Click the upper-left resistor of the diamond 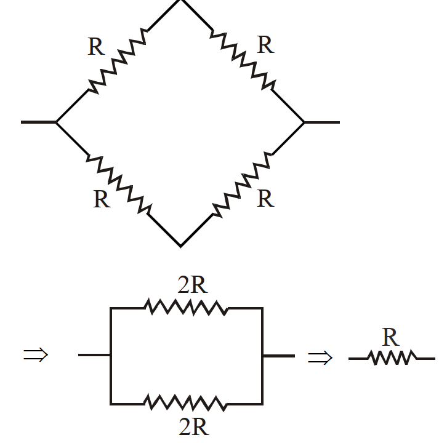point(118,61)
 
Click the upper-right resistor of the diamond point(243,60)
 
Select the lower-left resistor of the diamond point(119,184)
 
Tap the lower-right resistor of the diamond point(242,185)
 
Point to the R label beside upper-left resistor point(97,47)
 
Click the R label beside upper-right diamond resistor point(265,45)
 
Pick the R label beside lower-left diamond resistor point(102,199)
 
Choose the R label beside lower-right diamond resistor point(265,198)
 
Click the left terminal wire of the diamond point(39,122)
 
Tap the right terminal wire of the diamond point(322,122)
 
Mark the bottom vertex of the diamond point(180,247)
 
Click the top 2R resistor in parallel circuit point(186,307)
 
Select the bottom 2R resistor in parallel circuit point(186,403)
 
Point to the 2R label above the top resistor point(193,285)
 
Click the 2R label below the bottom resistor point(194,426)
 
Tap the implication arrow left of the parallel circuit point(36,354)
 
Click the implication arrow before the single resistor point(320,357)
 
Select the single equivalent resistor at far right point(392,357)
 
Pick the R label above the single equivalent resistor point(390,337)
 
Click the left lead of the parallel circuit point(94,355)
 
